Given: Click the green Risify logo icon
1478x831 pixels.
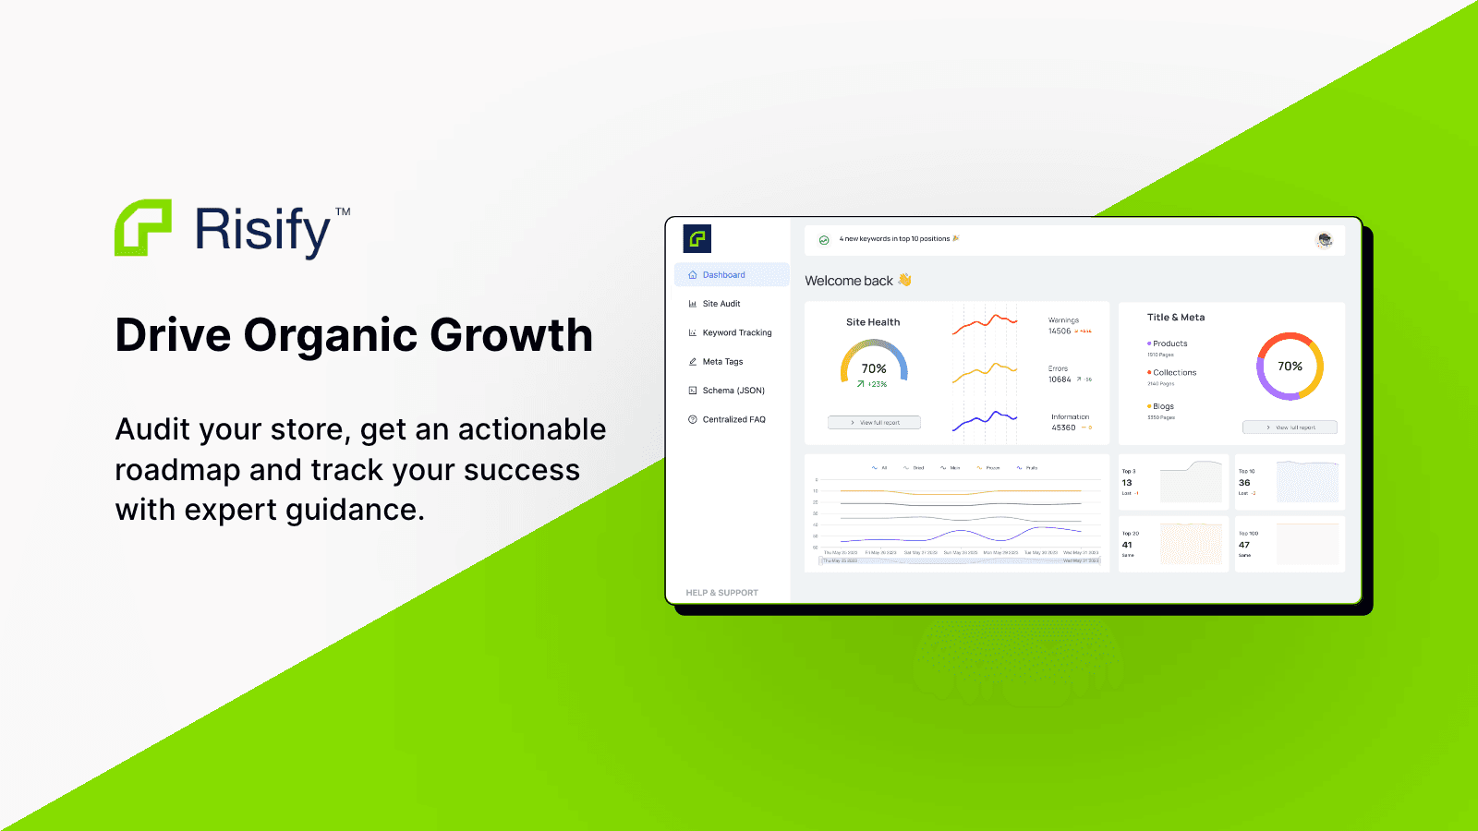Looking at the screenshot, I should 143,227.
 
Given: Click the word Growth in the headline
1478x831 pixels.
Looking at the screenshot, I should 511,335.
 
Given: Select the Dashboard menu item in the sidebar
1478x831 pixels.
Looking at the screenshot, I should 723,275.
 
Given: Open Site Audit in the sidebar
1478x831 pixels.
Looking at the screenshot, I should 721,304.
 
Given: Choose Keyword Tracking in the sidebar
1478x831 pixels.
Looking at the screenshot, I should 736,332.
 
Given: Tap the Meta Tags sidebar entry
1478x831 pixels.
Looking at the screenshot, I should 722,362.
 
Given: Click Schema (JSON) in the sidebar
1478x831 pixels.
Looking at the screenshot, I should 733,391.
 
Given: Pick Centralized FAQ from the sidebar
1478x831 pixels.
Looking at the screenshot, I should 733,419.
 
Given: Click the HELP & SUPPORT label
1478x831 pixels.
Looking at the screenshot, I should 721,593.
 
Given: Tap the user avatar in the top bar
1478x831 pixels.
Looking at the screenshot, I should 1324,240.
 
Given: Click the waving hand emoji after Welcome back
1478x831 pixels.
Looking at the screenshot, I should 904,280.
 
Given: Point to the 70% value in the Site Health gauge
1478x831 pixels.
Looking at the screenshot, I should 874,368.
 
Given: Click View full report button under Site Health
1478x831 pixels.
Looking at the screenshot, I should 874,423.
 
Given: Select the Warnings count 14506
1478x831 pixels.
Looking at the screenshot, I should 1060,331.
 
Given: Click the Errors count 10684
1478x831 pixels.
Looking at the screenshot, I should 1060,379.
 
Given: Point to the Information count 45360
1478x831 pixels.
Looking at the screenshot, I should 1063,428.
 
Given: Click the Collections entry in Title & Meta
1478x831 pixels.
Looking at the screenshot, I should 1174,373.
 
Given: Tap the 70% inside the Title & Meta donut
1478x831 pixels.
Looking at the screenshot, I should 1290,367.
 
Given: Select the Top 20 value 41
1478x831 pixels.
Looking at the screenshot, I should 1127,545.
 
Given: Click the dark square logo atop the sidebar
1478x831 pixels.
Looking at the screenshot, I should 697,239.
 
